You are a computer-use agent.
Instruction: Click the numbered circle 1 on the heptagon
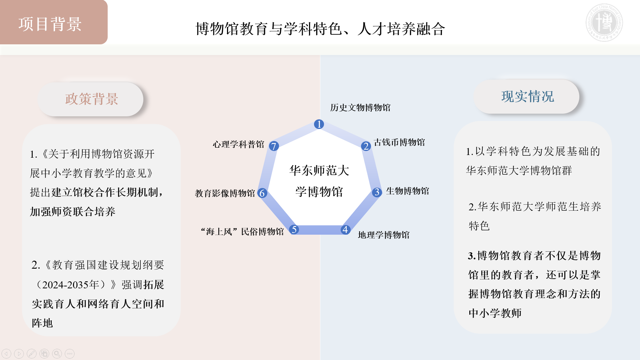pyautogui.click(x=319, y=124)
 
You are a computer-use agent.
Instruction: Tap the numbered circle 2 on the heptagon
pyautogui.click(x=366, y=146)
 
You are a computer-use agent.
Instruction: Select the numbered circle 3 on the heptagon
pyautogui.click(x=377, y=192)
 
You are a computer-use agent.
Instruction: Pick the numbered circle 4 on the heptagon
pyautogui.click(x=345, y=230)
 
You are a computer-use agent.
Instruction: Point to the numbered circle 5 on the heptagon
pyautogui.click(x=294, y=229)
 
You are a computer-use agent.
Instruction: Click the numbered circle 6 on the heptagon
pyautogui.click(x=262, y=193)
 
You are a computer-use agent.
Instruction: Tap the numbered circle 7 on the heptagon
pyautogui.click(x=274, y=146)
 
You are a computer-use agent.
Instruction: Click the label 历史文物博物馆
pyautogui.click(x=360, y=108)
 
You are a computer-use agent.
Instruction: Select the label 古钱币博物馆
pyautogui.click(x=399, y=142)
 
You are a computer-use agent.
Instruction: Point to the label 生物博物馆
pyautogui.click(x=407, y=191)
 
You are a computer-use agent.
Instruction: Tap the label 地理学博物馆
pyautogui.click(x=384, y=235)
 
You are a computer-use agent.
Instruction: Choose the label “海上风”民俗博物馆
pyautogui.click(x=242, y=232)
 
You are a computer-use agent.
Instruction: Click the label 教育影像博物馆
pyautogui.click(x=225, y=193)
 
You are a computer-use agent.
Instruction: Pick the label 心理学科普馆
pyautogui.click(x=238, y=144)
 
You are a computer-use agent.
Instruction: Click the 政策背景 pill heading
pyautogui.click(x=91, y=99)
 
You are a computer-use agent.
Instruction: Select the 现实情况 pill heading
pyautogui.click(x=526, y=97)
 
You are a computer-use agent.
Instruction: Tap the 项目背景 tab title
pyautogui.click(x=50, y=24)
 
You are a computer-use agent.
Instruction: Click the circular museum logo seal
pyautogui.click(x=604, y=23)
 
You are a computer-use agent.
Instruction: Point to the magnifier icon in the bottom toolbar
pyautogui.click(x=57, y=354)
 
